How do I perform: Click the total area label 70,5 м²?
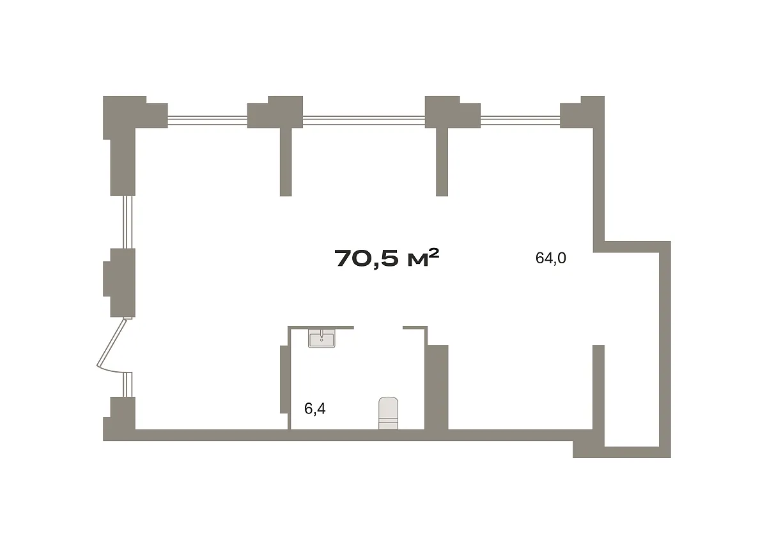pyautogui.click(x=387, y=258)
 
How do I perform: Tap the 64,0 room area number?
pyautogui.click(x=550, y=258)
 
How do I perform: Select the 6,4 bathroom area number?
pyautogui.click(x=314, y=408)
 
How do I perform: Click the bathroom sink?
pyautogui.click(x=322, y=338)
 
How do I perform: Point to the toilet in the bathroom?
pyautogui.click(x=389, y=413)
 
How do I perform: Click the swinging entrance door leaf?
pyautogui.click(x=112, y=343)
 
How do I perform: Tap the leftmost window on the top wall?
pyautogui.click(x=208, y=120)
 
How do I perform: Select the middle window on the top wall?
pyautogui.click(x=364, y=120)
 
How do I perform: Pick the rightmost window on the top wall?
pyautogui.click(x=520, y=120)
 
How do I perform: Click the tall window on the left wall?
pyautogui.click(x=127, y=222)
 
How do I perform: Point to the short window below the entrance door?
pyautogui.click(x=127, y=385)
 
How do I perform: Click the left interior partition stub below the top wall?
pyautogui.click(x=286, y=162)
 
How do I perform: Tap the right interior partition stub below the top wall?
pyautogui.click(x=442, y=162)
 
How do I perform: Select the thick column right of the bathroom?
pyautogui.click(x=437, y=387)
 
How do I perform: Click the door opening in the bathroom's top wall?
pyautogui.click(x=378, y=328)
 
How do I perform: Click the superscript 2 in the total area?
pyautogui.click(x=433, y=254)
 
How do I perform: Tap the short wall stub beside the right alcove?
pyautogui.click(x=598, y=387)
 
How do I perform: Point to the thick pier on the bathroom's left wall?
pyautogui.click(x=284, y=380)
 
